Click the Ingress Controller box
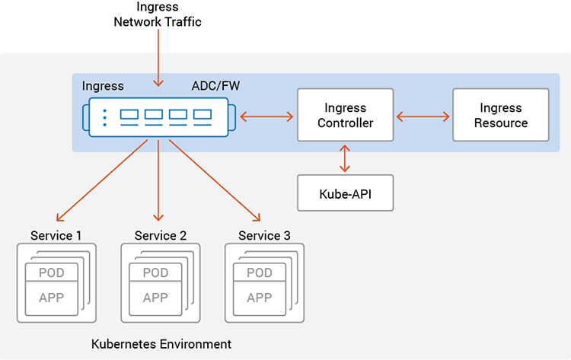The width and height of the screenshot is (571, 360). coord(345,115)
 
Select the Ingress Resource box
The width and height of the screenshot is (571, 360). coord(501,115)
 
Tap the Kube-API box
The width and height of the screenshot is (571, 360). coord(345,193)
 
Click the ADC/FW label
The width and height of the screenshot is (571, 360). coord(215,86)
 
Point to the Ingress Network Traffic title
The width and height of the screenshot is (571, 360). coord(158,14)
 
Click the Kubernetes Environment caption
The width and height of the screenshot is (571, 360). coord(161,344)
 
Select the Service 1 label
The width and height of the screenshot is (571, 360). coord(56,235)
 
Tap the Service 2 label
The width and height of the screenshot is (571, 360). coord(160,235)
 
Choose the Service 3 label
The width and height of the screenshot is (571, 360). coord(264,235)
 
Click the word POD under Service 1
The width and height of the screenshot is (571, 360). coord(51,272)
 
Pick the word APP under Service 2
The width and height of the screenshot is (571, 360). coord(155,298)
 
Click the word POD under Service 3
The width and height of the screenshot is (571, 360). coord(260,272)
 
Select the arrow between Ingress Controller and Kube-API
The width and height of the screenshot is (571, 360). coord(344,158)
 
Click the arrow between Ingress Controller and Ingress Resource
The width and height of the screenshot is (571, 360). coord(423,117)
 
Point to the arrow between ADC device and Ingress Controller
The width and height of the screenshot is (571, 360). coord(266,117)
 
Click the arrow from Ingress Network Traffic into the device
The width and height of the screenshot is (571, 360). coord(158,58)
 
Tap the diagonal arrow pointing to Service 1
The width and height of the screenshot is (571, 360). coord(102,180)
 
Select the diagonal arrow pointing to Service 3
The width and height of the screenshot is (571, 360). coord(215,180)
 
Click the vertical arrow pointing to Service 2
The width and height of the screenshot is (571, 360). coord(158,180)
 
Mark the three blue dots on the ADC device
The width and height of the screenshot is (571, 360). coord(105,117)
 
